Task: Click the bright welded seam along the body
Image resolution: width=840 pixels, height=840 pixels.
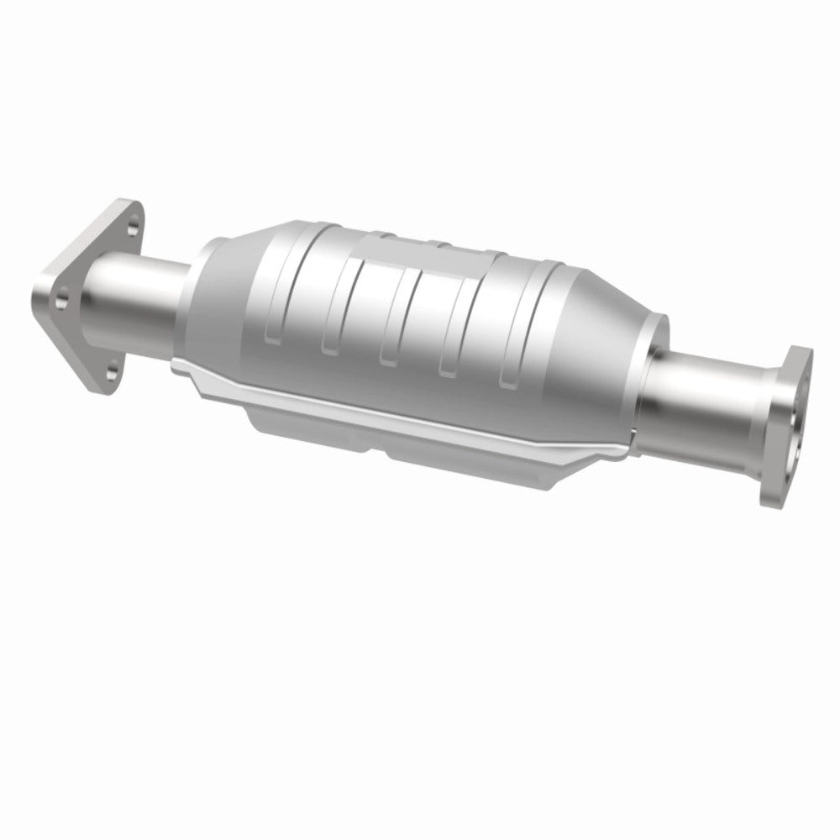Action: click(x=403, y=403)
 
